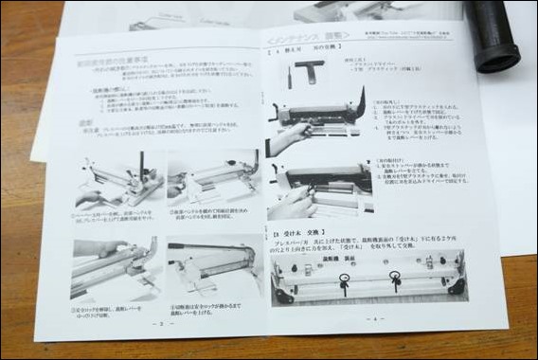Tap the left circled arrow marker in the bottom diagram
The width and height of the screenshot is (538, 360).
click(343, 280)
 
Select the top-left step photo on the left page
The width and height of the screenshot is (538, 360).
click(118, 179)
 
